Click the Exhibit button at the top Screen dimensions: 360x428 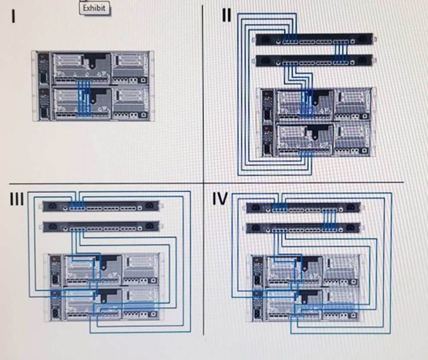[94, 8]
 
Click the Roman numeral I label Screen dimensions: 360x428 [14, 17]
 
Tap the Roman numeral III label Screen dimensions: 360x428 [17, 199]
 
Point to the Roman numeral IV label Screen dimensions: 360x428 [220, 199]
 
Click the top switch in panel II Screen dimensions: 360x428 [314, 40]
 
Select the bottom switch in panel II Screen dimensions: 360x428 [314, 61]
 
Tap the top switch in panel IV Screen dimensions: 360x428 [303, 207]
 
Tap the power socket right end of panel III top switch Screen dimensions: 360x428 [149, 206]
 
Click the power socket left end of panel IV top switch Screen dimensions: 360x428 [255, 207]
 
